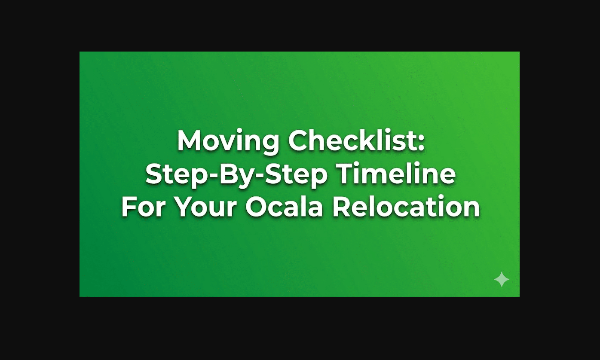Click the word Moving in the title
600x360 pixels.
[229, 141]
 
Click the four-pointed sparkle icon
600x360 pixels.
[502, 279]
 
